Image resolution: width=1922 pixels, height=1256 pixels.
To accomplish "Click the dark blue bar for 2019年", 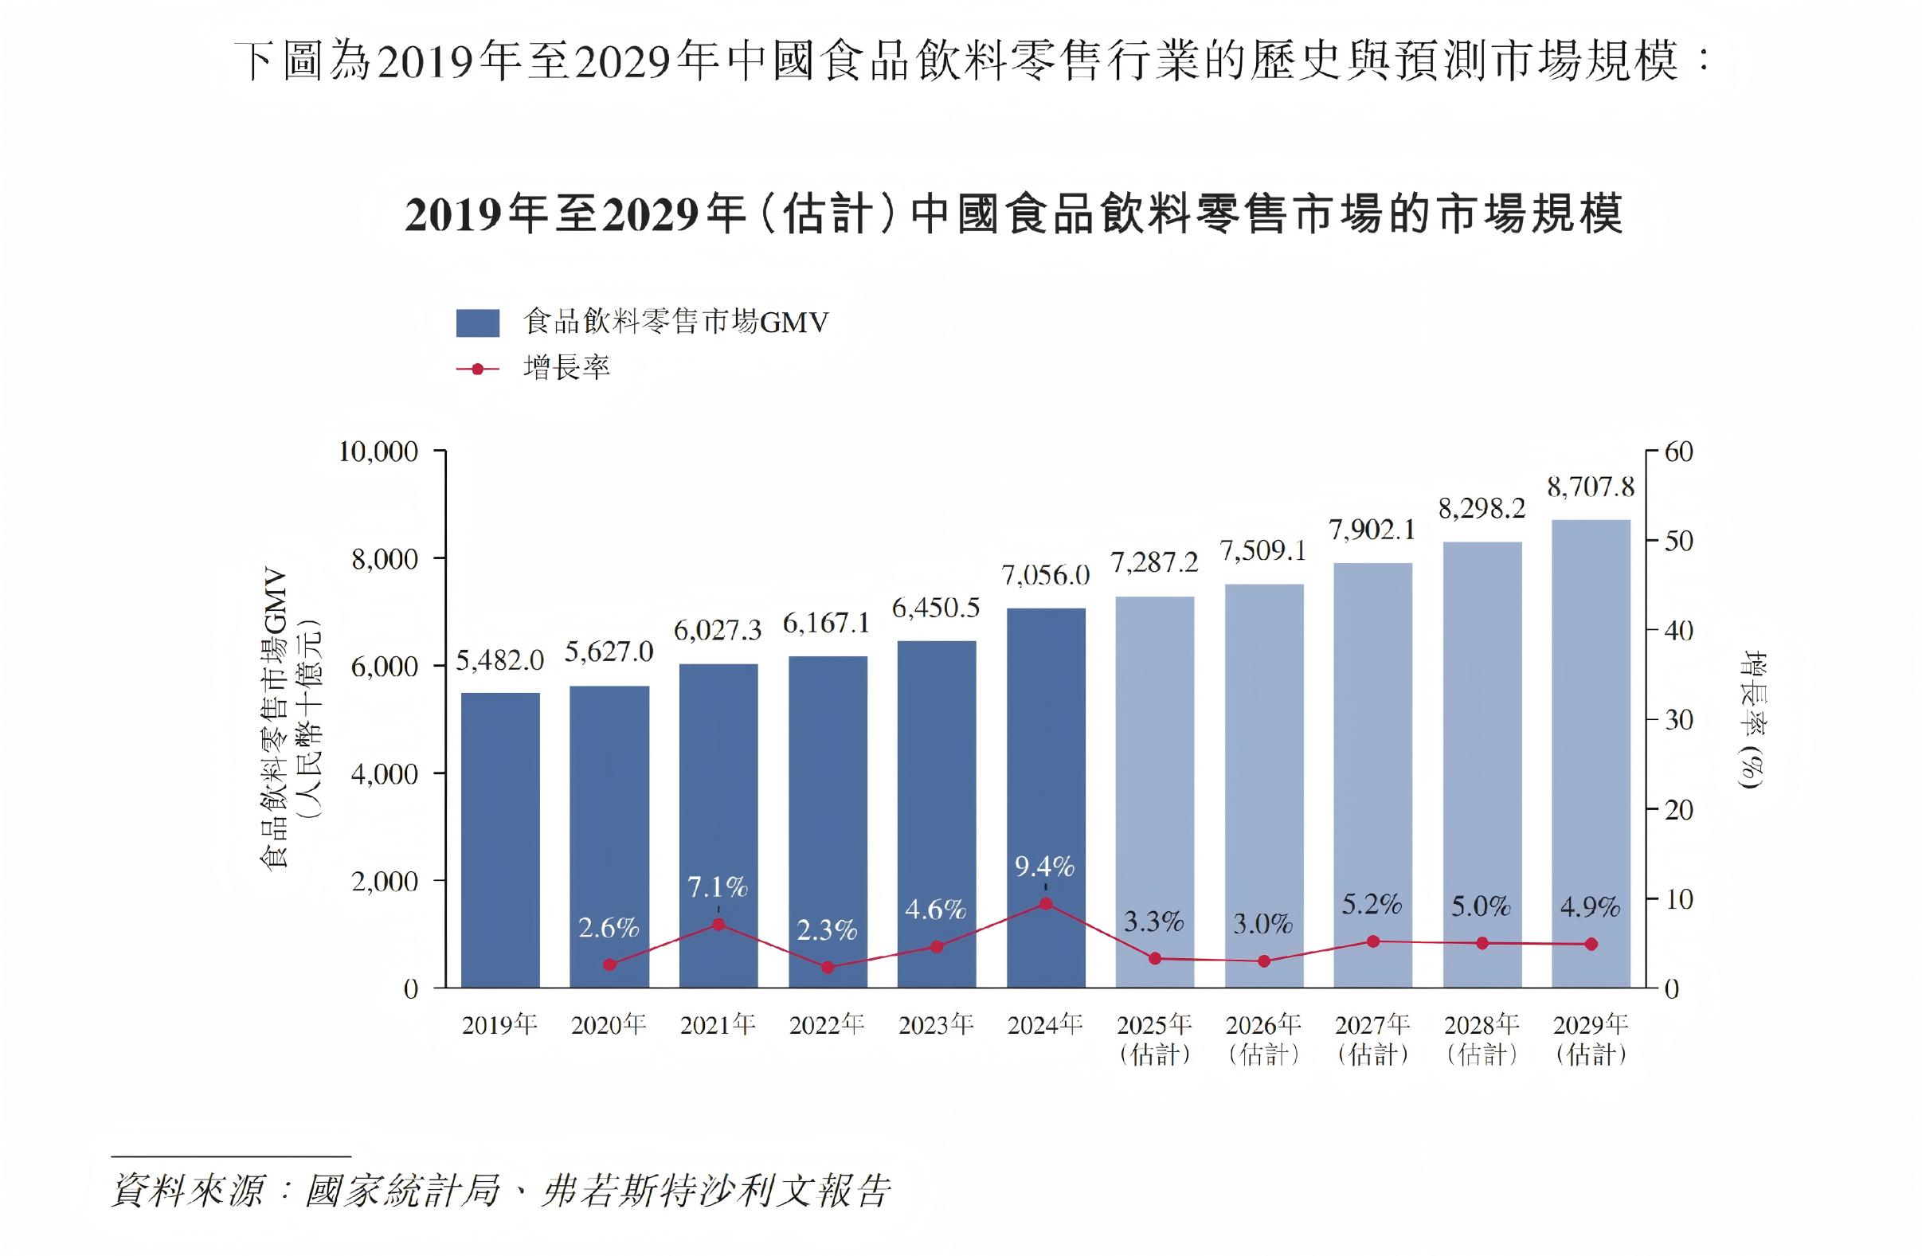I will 500,840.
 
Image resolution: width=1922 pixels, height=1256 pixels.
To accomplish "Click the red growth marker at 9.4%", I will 1045,904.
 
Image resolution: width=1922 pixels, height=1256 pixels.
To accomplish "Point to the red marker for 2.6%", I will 609,964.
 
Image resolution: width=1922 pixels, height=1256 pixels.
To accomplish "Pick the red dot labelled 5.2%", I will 1373,941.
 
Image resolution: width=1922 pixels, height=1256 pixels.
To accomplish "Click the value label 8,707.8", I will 1590,487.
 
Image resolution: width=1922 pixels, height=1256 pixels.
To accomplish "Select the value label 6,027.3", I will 717,631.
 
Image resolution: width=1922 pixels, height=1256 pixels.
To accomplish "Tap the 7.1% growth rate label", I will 717,888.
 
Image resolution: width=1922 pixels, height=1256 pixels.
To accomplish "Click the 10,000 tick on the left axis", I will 378,452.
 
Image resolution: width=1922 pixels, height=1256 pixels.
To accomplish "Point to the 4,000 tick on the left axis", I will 385,774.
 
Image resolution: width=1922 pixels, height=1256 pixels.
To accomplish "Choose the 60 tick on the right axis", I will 1679,452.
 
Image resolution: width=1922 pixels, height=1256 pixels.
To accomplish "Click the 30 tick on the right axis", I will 1679,720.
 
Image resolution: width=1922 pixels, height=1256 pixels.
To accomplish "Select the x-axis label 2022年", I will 827,1025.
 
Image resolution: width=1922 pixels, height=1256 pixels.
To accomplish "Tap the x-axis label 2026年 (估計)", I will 1263,1039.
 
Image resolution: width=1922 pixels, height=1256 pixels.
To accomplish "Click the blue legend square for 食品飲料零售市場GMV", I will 477,323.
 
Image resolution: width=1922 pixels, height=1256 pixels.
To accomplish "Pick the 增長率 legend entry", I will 566,368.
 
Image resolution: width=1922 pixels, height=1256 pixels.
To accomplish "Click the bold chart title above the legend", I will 1013,215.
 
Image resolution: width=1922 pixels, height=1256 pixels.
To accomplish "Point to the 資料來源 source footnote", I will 501,1191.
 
